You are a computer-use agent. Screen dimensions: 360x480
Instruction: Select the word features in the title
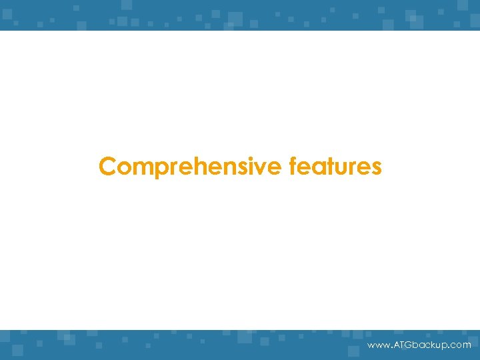pos(335,167)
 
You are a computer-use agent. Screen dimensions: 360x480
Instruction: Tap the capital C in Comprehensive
pos(107,167)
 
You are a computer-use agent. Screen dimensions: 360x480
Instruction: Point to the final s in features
pos(376,167)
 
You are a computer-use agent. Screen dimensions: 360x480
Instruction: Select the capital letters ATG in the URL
pos(400,345)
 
